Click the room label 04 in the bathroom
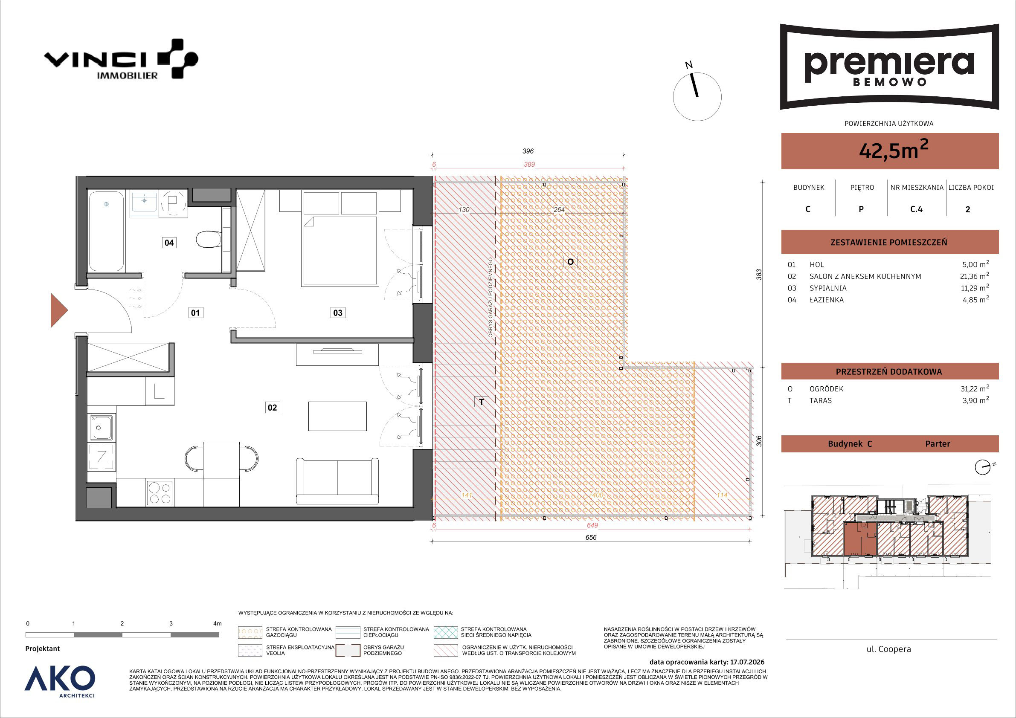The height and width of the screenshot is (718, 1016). [169, 243]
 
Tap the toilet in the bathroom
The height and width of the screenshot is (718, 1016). [209, 239]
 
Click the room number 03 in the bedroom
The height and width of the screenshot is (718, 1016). [338, 313]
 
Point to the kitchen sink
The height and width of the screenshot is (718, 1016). [102, 427]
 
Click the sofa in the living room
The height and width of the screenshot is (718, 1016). [337, 481]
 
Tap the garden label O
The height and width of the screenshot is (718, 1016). [570, 262]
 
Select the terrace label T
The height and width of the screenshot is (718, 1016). [482, 402]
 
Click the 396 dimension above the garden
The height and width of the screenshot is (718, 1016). [528, 151]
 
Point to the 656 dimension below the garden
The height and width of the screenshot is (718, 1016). [591, 538]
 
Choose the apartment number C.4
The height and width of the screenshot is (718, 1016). [917, 209]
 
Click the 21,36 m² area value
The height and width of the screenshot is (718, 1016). [975, 275]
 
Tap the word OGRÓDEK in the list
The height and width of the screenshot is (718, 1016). [826, 389]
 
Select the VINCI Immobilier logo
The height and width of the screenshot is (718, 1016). [121, 59]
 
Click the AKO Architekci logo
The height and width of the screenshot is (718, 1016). [60, 681]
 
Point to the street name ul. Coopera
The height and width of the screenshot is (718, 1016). [888, 649]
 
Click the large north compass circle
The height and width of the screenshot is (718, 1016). [697, 97]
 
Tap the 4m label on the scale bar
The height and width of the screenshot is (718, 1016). [217, 623]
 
